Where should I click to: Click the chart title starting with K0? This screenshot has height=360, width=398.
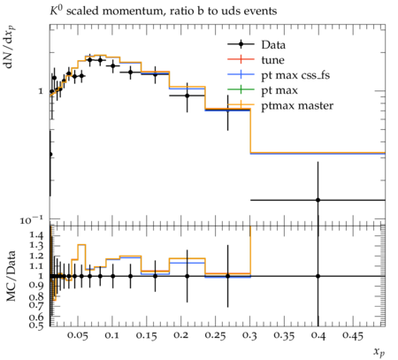(x=163, y=11)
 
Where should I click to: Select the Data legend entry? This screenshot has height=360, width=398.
(x=256, y=44)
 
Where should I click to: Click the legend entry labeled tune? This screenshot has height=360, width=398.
(x=256, y=60)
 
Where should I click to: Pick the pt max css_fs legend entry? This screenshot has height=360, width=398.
(x=279, y=75)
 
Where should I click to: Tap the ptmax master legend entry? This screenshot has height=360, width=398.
(x=280, y=105)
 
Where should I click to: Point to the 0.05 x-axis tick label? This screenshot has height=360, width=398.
(x=77, y=335)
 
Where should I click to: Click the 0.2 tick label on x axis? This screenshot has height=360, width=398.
(x=180, y=335)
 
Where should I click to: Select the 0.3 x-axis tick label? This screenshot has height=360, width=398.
(x=249, y=335)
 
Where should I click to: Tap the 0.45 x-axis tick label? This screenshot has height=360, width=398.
(x=352, y=335)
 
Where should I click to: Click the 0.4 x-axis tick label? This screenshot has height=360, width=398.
(x=318, y=335)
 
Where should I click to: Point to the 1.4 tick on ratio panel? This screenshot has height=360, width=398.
(x=37, y=235)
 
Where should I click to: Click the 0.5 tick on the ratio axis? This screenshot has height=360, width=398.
(x=36, y=325)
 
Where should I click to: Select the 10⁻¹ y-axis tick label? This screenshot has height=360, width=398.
(x=32, y=219)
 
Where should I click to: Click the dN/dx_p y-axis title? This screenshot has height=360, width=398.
(x=10, y=47)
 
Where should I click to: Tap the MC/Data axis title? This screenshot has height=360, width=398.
(x=11, y=276)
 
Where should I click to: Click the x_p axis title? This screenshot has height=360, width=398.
(x=379, y=352)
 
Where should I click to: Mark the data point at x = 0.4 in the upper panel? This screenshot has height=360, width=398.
(x=318, y=200)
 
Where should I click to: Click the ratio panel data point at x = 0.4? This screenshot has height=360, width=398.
(x=318, y=276)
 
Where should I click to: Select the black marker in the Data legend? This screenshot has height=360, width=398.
(x=241, y=44)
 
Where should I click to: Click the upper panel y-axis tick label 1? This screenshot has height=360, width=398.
(x=41, y=91)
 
